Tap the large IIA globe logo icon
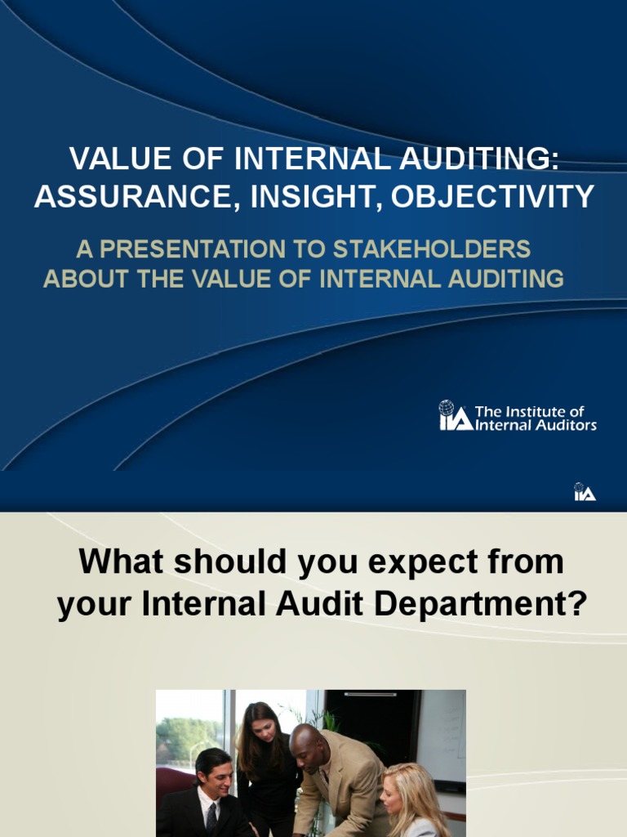pyautogui.click(x=455, y=415)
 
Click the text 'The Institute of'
pyautogui.click(x=529, y=411)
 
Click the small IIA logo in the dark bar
pyautogui.click(x=585, y=492)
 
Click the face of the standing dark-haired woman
pyautogui.click(x=263, y=729)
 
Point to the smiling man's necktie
pyautogui.click(x=211, y=816)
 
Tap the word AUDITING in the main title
pyautogui.click(x=478, y=159)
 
